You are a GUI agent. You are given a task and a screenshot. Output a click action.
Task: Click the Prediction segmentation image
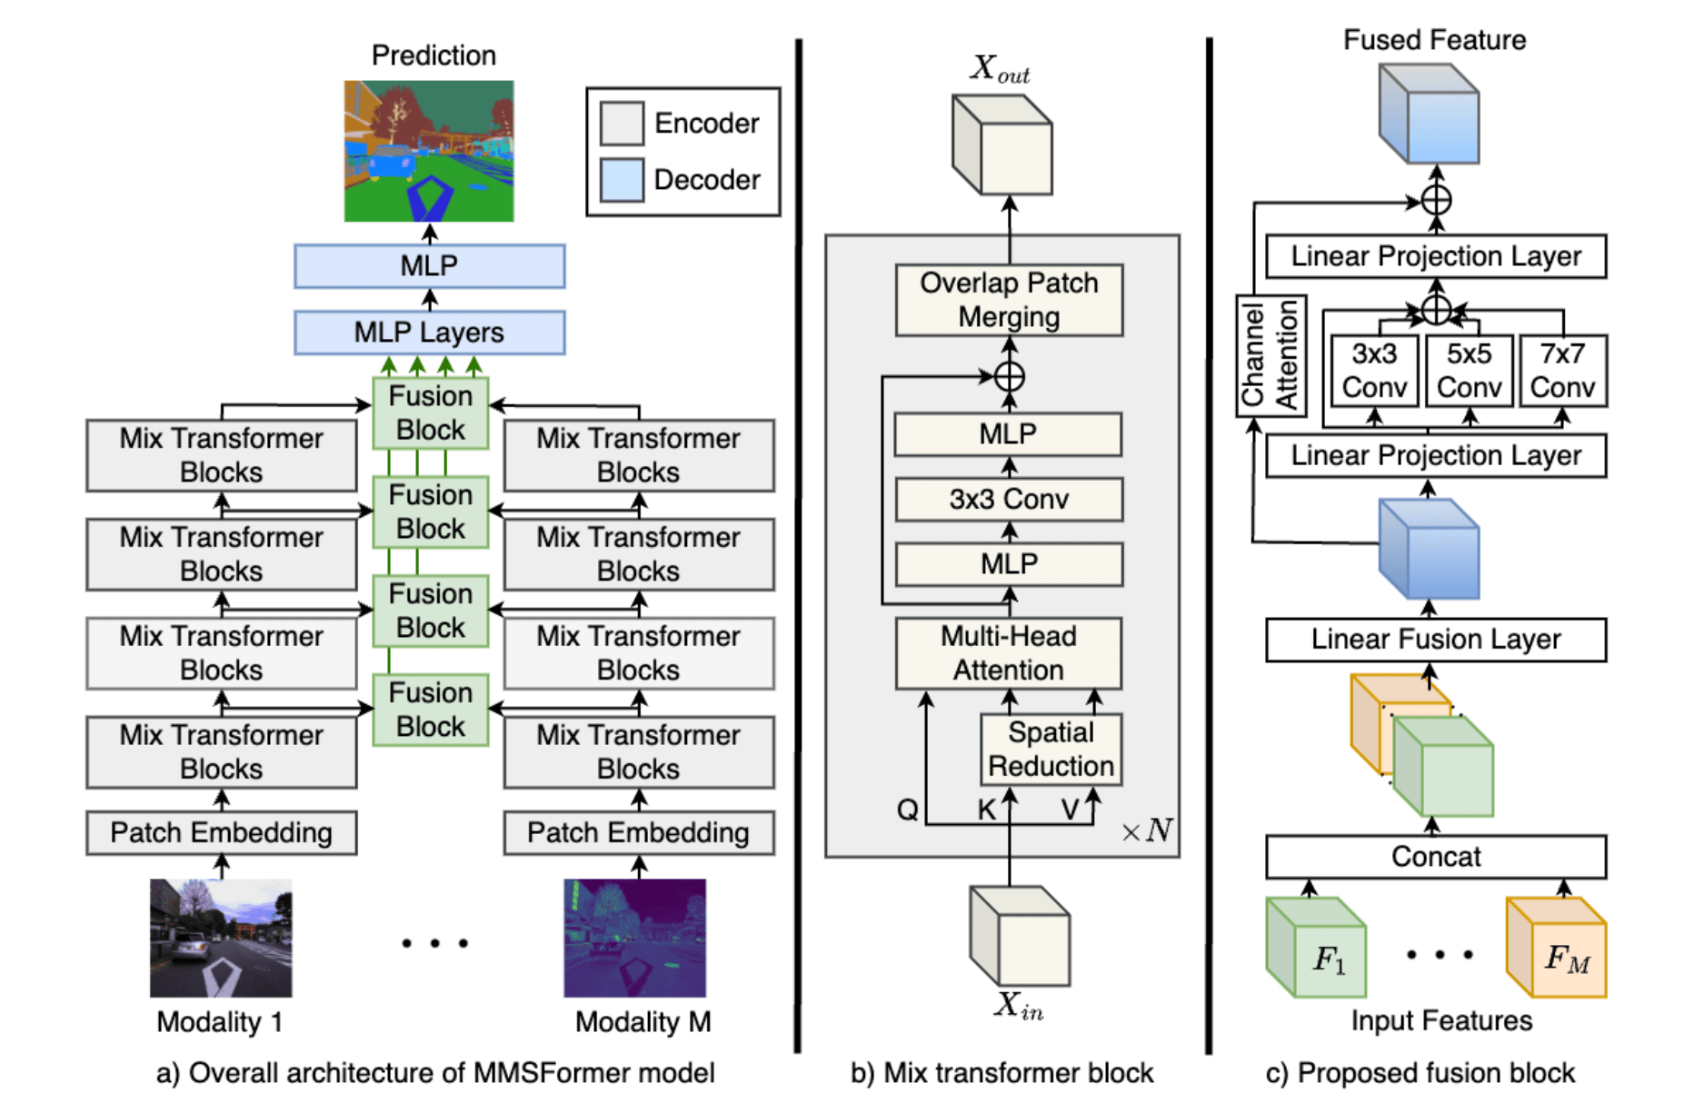429,151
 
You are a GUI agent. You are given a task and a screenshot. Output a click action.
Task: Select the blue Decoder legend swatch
622,180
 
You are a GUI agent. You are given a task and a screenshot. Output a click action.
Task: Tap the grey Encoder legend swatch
622,123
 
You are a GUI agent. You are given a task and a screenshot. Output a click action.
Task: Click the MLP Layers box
429,333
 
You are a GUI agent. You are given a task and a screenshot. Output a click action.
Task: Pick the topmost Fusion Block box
431,413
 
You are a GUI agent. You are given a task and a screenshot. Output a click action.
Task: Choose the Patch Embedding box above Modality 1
221,833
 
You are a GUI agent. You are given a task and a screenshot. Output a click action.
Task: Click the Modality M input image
634,938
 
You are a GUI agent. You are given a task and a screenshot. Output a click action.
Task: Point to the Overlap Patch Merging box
1009,301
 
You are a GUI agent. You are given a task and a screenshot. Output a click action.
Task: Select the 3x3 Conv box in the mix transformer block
1009,500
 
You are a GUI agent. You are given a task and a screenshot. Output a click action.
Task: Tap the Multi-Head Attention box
1009,653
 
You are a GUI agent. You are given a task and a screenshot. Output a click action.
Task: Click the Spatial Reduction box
1051,750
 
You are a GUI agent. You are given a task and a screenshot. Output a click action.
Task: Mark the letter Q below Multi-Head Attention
907,810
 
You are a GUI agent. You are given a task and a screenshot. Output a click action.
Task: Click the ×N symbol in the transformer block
1147,830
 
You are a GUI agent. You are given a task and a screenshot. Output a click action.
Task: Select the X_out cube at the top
1002,145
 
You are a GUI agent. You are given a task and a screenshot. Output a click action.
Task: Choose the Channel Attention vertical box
1270,356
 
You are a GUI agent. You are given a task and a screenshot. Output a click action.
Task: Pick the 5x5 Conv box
1469,371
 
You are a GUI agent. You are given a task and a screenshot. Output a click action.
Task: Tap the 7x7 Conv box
1562,371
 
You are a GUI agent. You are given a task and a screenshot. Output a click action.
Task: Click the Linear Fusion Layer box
1436,641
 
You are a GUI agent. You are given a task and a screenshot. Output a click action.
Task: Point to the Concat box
1436,857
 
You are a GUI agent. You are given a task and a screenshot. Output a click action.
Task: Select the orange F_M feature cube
1556,948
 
